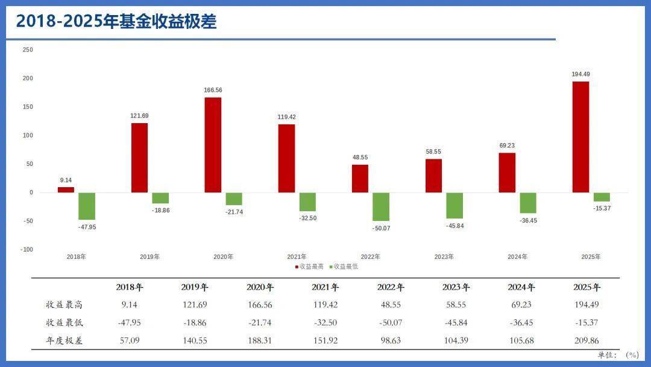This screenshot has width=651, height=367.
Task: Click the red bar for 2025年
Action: coord(580,137)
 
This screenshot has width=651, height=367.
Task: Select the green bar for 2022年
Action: coord(380,206)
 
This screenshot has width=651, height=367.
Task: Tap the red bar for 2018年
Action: coord(66,190)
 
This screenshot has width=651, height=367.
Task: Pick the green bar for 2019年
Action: coord(160,198)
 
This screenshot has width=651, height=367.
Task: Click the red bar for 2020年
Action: coord(213,145)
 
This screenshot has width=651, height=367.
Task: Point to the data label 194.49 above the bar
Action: coord(580,74)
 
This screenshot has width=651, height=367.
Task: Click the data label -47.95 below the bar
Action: coord(87,227)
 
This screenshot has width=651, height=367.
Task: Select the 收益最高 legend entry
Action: coord(309,266)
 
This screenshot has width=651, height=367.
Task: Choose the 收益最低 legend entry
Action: coord(343,266)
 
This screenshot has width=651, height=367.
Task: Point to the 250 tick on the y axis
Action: coord(28,49)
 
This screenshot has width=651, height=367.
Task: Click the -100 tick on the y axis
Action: coord(27,249)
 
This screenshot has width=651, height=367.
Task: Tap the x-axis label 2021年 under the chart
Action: coord(297,257)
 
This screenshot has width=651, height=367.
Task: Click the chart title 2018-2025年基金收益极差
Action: coord(116,22)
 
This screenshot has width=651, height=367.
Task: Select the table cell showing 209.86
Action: coord(587,340)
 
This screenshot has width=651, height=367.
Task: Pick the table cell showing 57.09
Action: coord(130,340)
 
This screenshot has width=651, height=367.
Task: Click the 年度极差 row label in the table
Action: coord(64,340)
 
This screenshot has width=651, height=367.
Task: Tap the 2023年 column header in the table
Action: coord(456,287)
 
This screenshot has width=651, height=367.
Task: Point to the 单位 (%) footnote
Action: coord(618,355)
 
